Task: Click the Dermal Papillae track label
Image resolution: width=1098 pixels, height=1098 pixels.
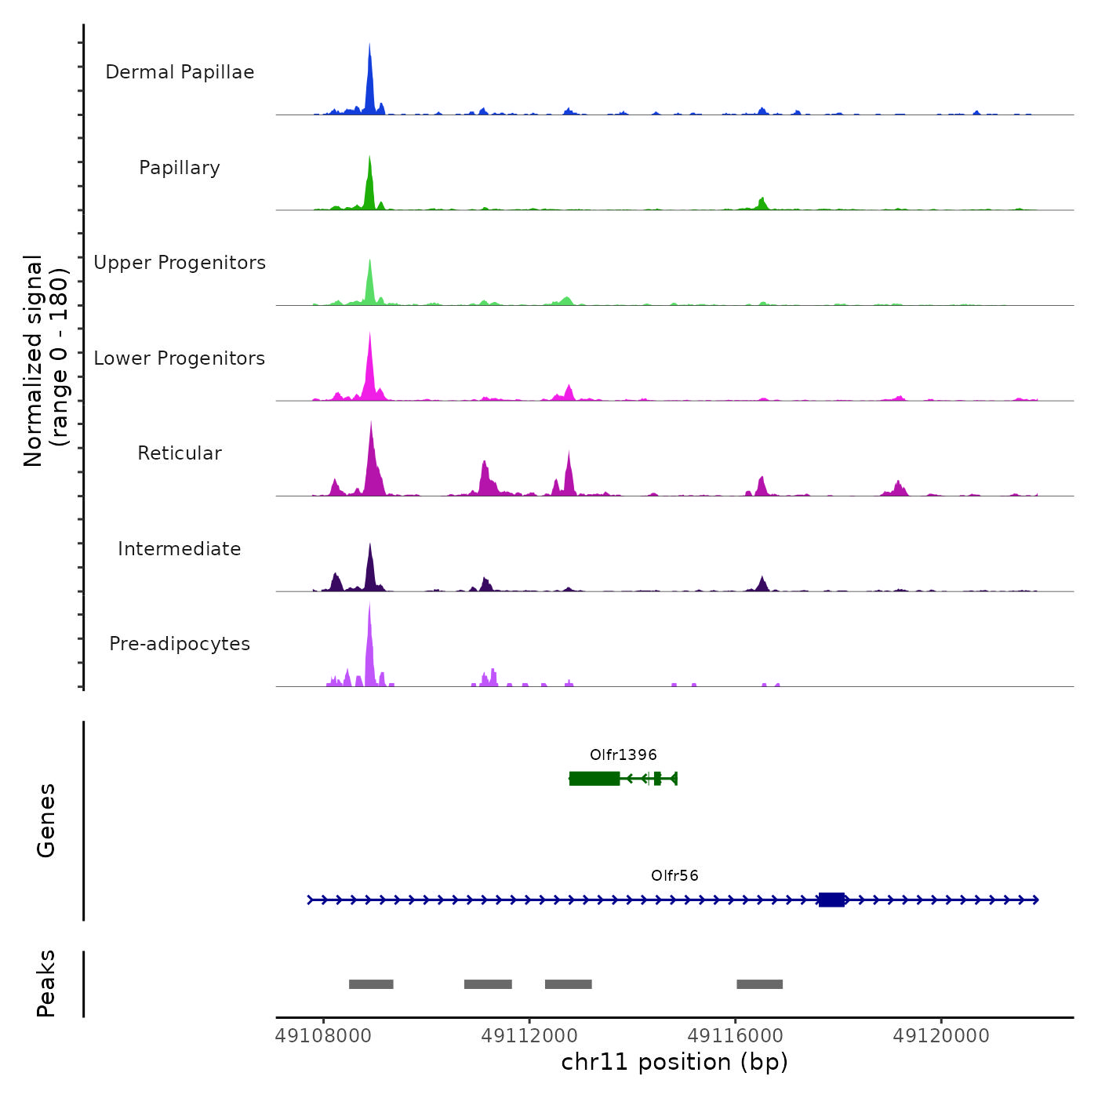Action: [180, 72]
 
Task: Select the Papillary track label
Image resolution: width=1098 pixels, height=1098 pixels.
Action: [180, 168]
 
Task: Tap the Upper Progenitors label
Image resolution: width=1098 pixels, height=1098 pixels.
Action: [180, 263]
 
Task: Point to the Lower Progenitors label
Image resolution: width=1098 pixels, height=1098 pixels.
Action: [180, 358]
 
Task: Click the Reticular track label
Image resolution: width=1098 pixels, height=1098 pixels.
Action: [180, 453]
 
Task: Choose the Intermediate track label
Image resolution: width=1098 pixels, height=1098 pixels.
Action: [180, 549]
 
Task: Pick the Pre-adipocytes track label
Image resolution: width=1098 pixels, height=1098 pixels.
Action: [180, 644]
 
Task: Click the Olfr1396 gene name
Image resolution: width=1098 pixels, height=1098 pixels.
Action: [624, 754]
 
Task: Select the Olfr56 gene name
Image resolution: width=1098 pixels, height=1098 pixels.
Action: [674, 875]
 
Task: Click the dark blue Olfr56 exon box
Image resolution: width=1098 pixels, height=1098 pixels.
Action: [831, 900]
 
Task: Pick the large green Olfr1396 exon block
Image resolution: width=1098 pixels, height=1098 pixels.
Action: [594, 778]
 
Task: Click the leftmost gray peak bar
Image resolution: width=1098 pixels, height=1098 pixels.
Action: [371, 984]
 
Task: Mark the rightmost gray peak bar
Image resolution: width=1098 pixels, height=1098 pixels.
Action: [759, 984]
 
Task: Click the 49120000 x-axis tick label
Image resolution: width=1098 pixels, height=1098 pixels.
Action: [941, 1036]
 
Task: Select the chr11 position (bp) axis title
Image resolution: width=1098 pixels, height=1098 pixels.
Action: [674, 1062]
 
